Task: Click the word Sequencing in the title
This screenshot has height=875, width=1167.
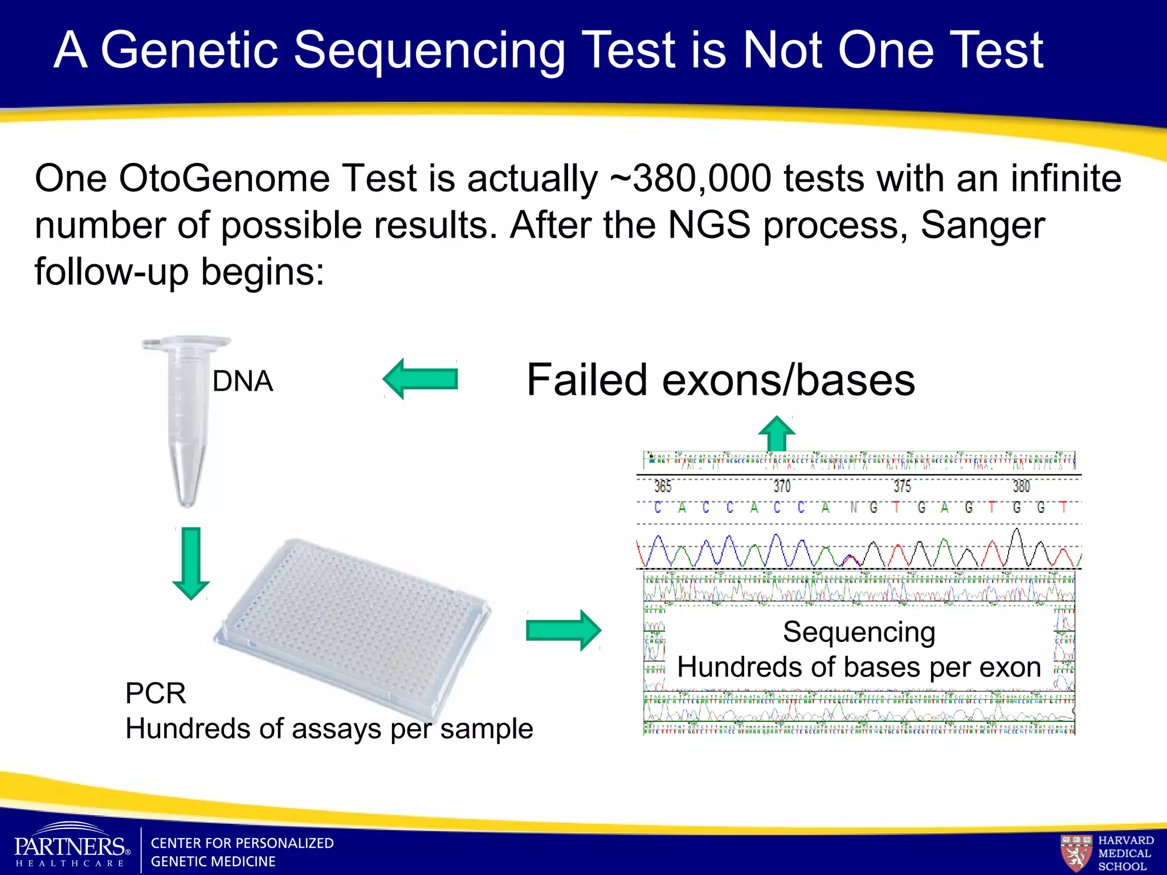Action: [x=429, y=51]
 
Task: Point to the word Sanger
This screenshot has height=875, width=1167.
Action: [x=982, y=225]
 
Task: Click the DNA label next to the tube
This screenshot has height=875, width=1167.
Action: [x=243, y=381]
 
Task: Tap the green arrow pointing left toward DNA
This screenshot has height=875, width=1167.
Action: [x=421, y=379]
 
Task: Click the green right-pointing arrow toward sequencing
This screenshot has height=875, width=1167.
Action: [x=563, y=630]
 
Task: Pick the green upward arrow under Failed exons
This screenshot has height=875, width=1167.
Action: [x=777, y=434]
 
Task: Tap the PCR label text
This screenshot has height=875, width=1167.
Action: [x=156, y=693]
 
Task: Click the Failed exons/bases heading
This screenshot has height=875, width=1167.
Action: [x=720, y=380]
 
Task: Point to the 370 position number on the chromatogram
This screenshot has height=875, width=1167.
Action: [x=782, y=486]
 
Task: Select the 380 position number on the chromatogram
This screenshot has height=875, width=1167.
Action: [x=1021, y=486]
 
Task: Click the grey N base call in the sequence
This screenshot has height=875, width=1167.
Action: [x=854, y=507]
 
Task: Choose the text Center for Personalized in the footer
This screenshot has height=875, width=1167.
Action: [x=242, y=843]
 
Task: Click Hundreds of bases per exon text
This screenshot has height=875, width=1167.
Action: [x=859, y=667]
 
